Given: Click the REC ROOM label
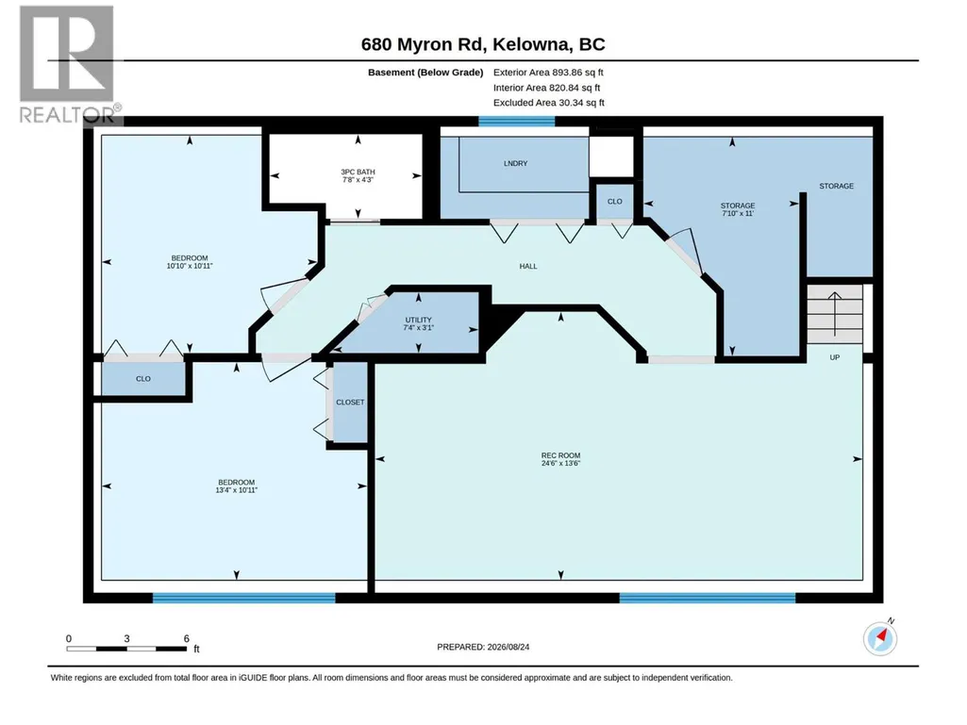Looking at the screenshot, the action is pyautogui.click(x=560, y=455).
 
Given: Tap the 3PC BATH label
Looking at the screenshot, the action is pyautogui.click(x=358, y=172).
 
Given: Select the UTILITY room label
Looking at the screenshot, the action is pyautogui.click(x=418, y=320).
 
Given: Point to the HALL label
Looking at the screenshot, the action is pyautogui.click(x=528, y=266).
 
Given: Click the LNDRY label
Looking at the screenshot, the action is pyautogui.click(x=515, y=163).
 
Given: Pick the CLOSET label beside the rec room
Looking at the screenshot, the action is pyautogui.click(x=350, y=402).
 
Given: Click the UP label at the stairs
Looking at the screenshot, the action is pyautogui.click(x=834, y=357).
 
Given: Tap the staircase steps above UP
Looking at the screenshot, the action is pyautogui.click(x=834, y=314).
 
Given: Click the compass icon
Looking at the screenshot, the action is pyautogui.click(x=880, y=638).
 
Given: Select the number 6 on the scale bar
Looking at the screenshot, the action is pyautogui.click(x=186, y=638).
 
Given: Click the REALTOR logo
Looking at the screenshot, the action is pyautogui.click(x=69, y=63).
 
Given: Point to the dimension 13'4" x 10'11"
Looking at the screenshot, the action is pyautogui.click(x=236, y=490).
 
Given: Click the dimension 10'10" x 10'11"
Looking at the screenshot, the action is pyautogui.click(x=190, y=266).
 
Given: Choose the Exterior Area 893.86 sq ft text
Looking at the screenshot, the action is pyautogui.click(x=548, y=73).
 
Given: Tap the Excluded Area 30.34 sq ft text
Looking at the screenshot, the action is pyautogui.click(x=549, y=103).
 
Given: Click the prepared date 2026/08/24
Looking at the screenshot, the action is pyautogui.click(x=509, y=647).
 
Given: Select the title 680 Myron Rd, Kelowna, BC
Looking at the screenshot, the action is pyautogui.click(x=483, y=44).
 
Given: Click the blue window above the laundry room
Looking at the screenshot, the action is pyautogui.click(x=517, y=122).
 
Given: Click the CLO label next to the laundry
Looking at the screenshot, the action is pyautogui.click(x=615, y=202).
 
